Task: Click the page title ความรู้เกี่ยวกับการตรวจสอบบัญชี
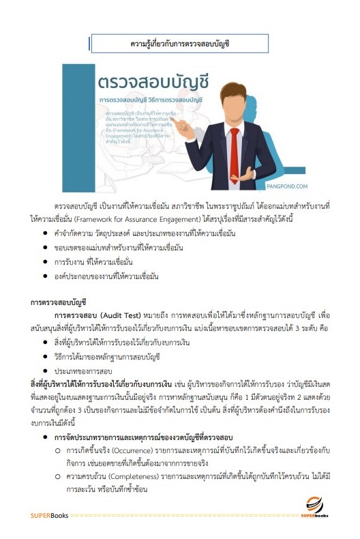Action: (179, 44)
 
